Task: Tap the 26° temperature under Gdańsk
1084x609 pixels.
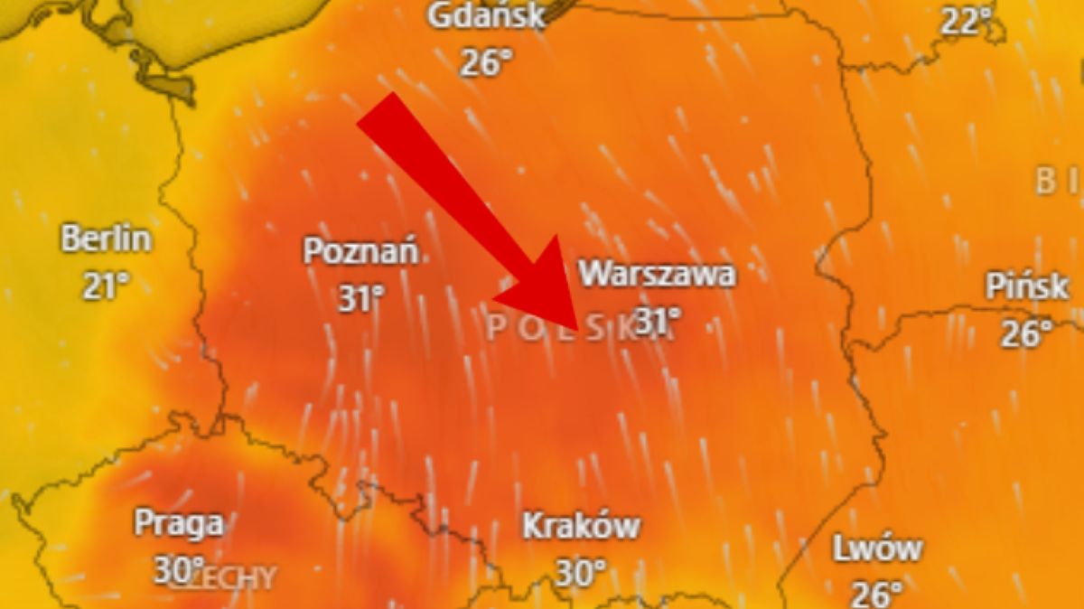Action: pos(486,62)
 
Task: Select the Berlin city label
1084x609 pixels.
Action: pos(106,240)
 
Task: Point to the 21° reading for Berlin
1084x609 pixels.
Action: pos(107,286)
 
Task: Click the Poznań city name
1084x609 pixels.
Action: pos(360,251)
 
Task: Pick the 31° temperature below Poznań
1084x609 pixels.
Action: pos(361,297)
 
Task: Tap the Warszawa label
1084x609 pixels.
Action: pos(657,273)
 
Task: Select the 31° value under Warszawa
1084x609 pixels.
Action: pos(658,319)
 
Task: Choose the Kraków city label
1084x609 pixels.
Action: pos(582,526)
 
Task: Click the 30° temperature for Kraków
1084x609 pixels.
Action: pos(580,573)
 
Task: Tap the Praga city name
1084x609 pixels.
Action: pos(178,522)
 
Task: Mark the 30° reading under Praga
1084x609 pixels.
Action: pos(178,569)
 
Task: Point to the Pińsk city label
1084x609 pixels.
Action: pos(1027,287)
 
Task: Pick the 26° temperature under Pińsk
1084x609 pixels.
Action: pos(1027,333)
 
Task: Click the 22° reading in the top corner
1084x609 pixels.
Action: pos(966,20)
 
